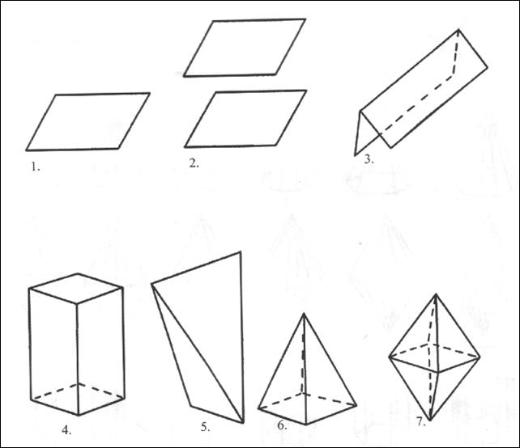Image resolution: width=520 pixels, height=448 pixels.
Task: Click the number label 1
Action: [36, 167]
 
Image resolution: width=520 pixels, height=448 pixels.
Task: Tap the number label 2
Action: [194, 163]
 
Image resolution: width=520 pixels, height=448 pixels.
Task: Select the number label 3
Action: [369, 159]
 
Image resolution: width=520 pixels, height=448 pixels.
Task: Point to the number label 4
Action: [66, 430]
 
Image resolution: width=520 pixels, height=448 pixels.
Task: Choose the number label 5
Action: [205, 427]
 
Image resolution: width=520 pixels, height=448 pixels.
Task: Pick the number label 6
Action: [282, 425]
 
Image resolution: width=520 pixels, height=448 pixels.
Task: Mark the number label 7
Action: [421, 422]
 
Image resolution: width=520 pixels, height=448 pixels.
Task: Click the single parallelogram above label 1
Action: [88, 122]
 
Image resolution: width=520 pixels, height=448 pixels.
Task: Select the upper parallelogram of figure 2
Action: [245, 48]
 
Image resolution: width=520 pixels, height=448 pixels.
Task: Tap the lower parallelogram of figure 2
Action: [245, 119]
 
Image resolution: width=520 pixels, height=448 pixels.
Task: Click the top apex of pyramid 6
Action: [304, 314]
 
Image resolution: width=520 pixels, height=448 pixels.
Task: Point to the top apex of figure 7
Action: [436, 294]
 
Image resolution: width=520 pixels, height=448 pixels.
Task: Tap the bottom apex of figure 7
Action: [430, 421]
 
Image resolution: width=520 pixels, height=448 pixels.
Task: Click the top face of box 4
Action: [76, 288]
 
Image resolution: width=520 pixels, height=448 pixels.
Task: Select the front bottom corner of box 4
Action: [79, 415]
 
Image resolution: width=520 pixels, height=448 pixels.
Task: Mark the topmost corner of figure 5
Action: [240, 252]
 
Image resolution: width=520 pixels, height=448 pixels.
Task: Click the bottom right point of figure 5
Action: [243, 423]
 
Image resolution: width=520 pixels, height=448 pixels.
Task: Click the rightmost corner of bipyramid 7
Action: [480, 358]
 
